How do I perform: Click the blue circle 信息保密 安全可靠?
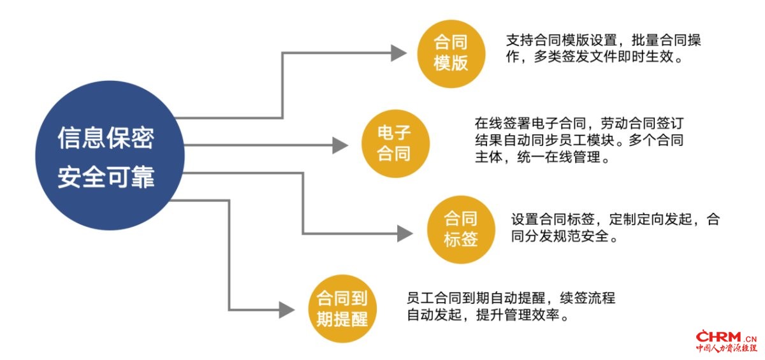click(x=110, y=155)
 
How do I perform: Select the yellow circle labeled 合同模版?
click(x=451, y=54)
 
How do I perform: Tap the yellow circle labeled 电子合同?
click(x=395, y=143)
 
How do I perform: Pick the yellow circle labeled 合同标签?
click(x=461, y=229)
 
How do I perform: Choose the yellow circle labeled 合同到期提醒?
click(x=342, y=308)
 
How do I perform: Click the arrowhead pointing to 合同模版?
click(x=398, y=53)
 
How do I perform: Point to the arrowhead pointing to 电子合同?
click(x=340, y=145)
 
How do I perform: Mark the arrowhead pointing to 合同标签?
click(x=405, y=234)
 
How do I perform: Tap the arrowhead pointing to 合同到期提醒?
click(x=287, y=310)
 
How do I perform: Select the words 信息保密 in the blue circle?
click(x=106, y=138)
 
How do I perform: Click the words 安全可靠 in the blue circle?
click(x=106, y=176)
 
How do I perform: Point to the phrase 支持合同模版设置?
click(x=561, y=40)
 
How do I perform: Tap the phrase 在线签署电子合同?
click(x=530, y=123)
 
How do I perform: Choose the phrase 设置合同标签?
click(x=553, y=219)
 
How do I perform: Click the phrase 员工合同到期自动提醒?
click(x=476, y=298)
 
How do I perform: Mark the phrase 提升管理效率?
click(x=518, y=315)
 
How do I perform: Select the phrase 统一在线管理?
click(x=558, y=157)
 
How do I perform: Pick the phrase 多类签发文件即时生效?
click(x=604, y=57)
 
